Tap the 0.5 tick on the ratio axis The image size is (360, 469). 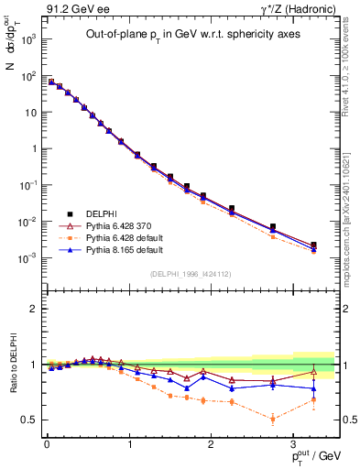[30, 420]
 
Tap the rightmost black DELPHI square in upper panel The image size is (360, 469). [314, 245]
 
